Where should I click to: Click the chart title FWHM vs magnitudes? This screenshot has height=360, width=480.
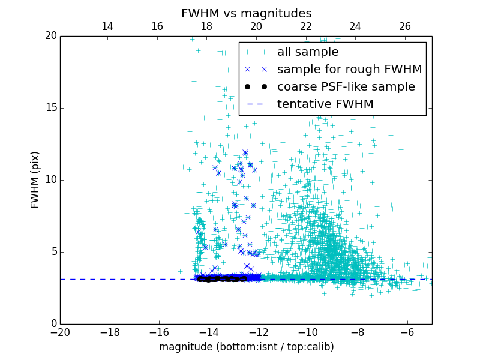(x=246, y=13)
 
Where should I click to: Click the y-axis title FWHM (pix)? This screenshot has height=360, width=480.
(x=35, y=180)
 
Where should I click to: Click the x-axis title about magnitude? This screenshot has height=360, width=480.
(x=246, y=347)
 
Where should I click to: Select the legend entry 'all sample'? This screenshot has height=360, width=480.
(x=308, y=52)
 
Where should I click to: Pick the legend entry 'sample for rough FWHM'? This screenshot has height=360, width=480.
(x=349, y=70)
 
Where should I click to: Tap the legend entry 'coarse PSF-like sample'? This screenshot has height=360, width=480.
(x=346, y=87)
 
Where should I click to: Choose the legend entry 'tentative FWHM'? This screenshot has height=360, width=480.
(x=325, y=104)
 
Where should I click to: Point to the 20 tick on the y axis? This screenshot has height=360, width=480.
(x=50, y=36)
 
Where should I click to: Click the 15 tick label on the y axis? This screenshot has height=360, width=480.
(x=50, y=108)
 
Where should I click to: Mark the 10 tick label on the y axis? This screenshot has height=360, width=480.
(x=50, y=180)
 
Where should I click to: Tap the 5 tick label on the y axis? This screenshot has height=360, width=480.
(x=53, y=252)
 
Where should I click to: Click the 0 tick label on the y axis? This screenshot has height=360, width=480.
(x=53, y=324)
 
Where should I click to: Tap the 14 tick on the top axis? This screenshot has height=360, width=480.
(x=107, y=26)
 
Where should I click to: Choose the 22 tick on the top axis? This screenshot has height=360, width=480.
(x=306, y=26)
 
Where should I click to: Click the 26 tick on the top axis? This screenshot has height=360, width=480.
(x=405, y=26)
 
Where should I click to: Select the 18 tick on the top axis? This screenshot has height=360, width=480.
(x=206, y=26)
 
